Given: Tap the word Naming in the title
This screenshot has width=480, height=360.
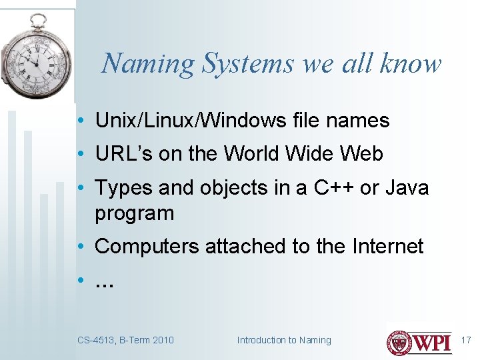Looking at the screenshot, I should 147,63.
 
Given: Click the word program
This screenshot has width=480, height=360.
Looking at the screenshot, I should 134,214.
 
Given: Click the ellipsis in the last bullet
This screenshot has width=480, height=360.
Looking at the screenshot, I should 105,282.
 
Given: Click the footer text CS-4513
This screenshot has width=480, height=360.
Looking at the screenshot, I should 96,340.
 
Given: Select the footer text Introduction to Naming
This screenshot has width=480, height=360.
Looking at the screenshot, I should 284,340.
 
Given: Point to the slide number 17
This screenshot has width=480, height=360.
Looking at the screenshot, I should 466,340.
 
